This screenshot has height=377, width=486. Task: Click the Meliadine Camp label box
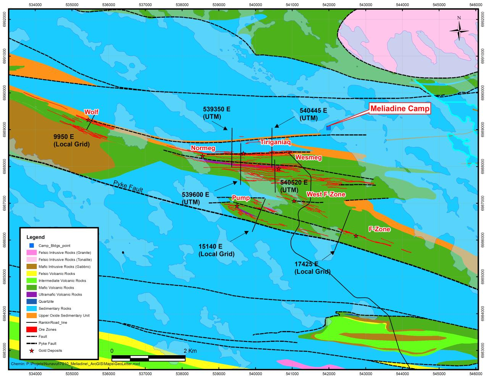400,109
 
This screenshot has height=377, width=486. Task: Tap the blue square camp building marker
328,128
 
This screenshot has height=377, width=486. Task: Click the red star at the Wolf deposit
89,120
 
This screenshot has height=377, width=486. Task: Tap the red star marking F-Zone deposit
356,236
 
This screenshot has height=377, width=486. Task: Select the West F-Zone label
326,195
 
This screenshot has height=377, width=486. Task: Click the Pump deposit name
241,198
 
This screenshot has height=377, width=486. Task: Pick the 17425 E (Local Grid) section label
312,268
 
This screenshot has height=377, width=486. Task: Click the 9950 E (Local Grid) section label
71,140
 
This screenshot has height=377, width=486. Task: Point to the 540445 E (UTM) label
313,114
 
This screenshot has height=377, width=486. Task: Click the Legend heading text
36,237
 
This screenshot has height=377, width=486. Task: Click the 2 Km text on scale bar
190,351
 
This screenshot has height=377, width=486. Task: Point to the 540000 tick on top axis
255,5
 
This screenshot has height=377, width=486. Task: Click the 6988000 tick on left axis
4,166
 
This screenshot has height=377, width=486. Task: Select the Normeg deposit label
203,148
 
